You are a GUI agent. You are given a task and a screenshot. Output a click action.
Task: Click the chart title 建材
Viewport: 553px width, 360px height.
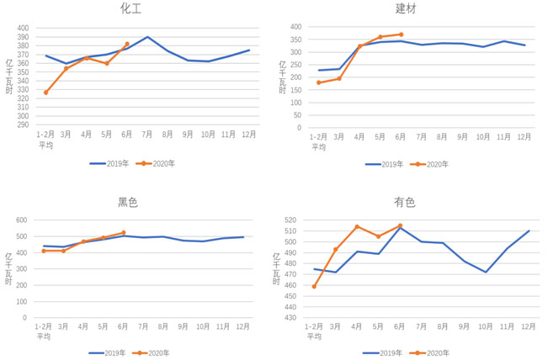tap(406, 8)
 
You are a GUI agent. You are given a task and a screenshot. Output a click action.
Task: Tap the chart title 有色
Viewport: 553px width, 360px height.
tap(405, 203)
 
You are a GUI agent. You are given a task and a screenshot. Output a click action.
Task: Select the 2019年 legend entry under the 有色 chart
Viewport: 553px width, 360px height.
tap(383, 353)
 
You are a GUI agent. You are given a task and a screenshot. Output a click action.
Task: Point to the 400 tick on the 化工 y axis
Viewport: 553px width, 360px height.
tap(23, 28)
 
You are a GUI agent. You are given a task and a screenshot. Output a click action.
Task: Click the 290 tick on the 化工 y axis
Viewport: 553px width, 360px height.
tap(23, 124)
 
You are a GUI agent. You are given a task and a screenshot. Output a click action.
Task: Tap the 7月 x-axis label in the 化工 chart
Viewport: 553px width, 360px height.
tap(147, 134)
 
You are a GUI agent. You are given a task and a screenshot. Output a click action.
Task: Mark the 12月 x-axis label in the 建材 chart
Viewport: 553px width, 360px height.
tap(524, 137)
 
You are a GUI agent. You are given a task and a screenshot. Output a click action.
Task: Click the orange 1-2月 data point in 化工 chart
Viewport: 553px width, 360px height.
tap(45, 93)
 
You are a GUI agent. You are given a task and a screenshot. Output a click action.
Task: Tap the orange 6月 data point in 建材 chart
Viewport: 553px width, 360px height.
tap(401, 34)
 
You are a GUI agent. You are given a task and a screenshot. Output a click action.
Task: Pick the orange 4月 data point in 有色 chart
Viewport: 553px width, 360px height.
tap(357, 226)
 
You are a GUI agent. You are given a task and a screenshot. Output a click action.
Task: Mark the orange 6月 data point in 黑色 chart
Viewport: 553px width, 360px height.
tap(124, 233)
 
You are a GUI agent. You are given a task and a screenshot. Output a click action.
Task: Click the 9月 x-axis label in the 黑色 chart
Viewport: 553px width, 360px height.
tap(183, 326)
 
